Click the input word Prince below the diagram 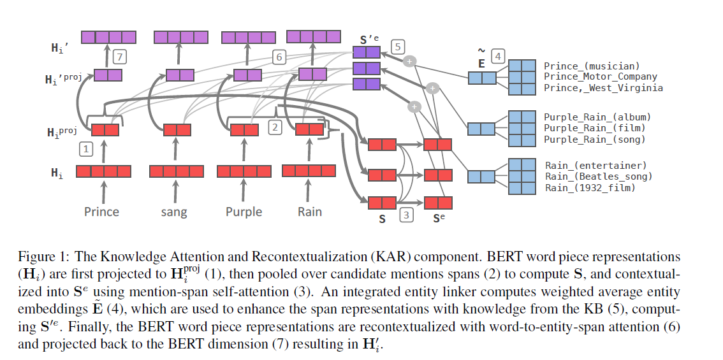[101, 211]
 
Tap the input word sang [174, 212]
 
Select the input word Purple [244, 212]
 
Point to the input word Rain [309, 211]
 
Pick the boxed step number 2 [275, 127]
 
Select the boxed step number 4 [498, 57]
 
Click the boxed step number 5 [398, 47]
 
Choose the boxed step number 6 [278, 57]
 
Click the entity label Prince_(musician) [591, 66]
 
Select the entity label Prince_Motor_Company [600, 76]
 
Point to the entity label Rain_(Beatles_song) [598, 176]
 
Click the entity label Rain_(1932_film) [590, 187]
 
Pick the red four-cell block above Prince [103, 171]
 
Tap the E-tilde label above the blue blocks [481, 59]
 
